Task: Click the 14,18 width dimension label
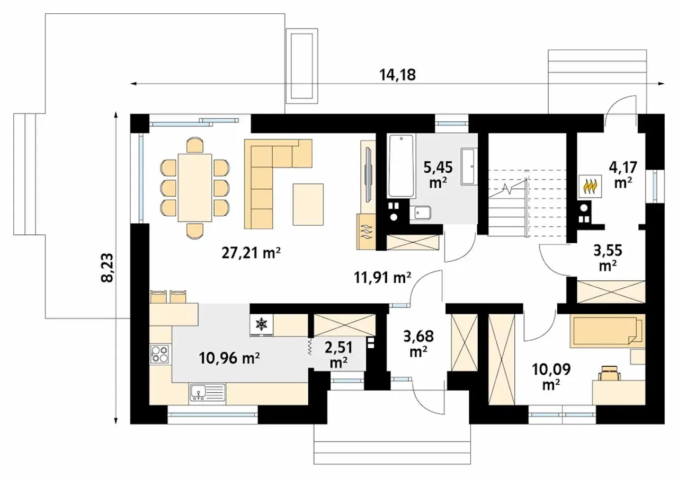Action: (x=397, y=75)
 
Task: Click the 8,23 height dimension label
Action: (x=108, y=268)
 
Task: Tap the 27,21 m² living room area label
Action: (x=251, y=253)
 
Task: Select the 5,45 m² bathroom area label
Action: (x=438, y=175)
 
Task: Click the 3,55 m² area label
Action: (x=608, y=258)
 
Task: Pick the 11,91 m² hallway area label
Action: (x=382, y=278)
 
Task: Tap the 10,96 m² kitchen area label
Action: (x=229, y=358)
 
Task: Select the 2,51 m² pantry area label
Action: (x=338, y=355)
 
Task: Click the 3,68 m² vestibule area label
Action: (x=418, y=344)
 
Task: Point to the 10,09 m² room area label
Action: (x=551, y=376)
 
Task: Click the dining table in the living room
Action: (x=194, y=188)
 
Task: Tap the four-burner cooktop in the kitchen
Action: (x=160, y=354)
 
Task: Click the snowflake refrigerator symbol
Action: (x=261, y=324)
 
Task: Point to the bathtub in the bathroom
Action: (x=401, y=166)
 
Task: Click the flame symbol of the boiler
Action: (x=590, y=187)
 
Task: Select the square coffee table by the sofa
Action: (x=308, y=204)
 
